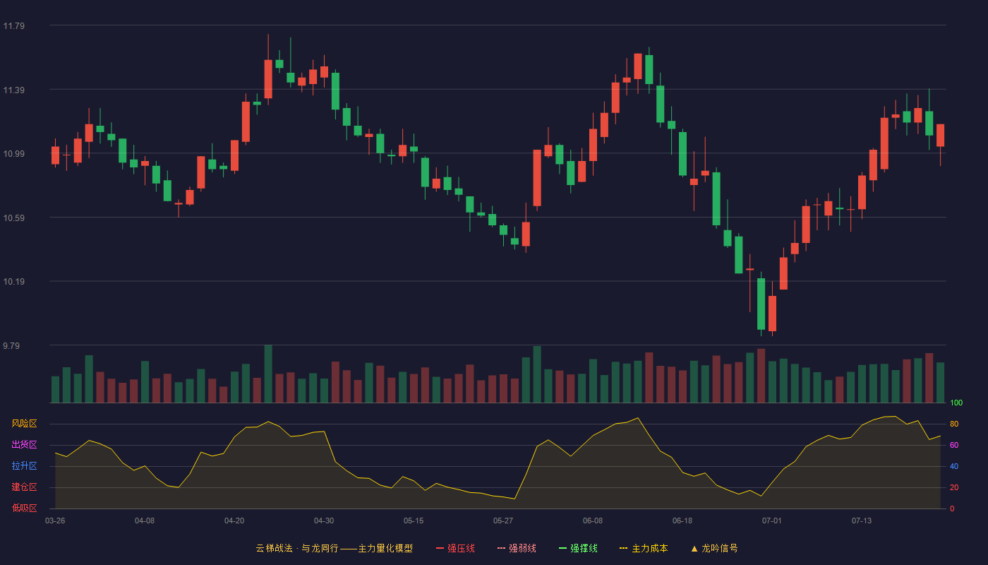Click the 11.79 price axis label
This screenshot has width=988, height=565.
(13, 26)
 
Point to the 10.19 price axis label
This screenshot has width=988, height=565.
(13, 282)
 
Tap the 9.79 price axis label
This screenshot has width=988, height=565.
(11, 345)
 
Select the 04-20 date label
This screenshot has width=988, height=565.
(234, 521)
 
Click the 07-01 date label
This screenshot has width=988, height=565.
(772, 521)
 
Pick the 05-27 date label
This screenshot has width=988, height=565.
(502, 521)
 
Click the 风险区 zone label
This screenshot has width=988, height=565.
(24, 424)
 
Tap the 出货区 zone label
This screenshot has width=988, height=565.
(24, 444)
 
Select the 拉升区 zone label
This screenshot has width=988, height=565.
(24, 465)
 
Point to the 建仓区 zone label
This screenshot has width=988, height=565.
(24, 487)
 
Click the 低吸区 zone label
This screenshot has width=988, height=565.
(24, 508)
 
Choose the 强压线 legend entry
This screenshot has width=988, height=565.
(455, 548)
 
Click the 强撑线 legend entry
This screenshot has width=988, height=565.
(578, 548)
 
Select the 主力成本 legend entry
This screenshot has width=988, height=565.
(644, 548)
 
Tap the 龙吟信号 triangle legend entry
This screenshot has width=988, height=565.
(714, 548)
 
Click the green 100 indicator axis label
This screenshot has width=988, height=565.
(956, 403)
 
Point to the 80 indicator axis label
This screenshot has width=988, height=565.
(954, 424)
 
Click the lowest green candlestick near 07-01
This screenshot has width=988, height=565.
(761, 304)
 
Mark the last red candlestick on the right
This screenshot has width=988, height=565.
(940, 136)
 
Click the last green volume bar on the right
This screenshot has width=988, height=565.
(940, 383)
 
